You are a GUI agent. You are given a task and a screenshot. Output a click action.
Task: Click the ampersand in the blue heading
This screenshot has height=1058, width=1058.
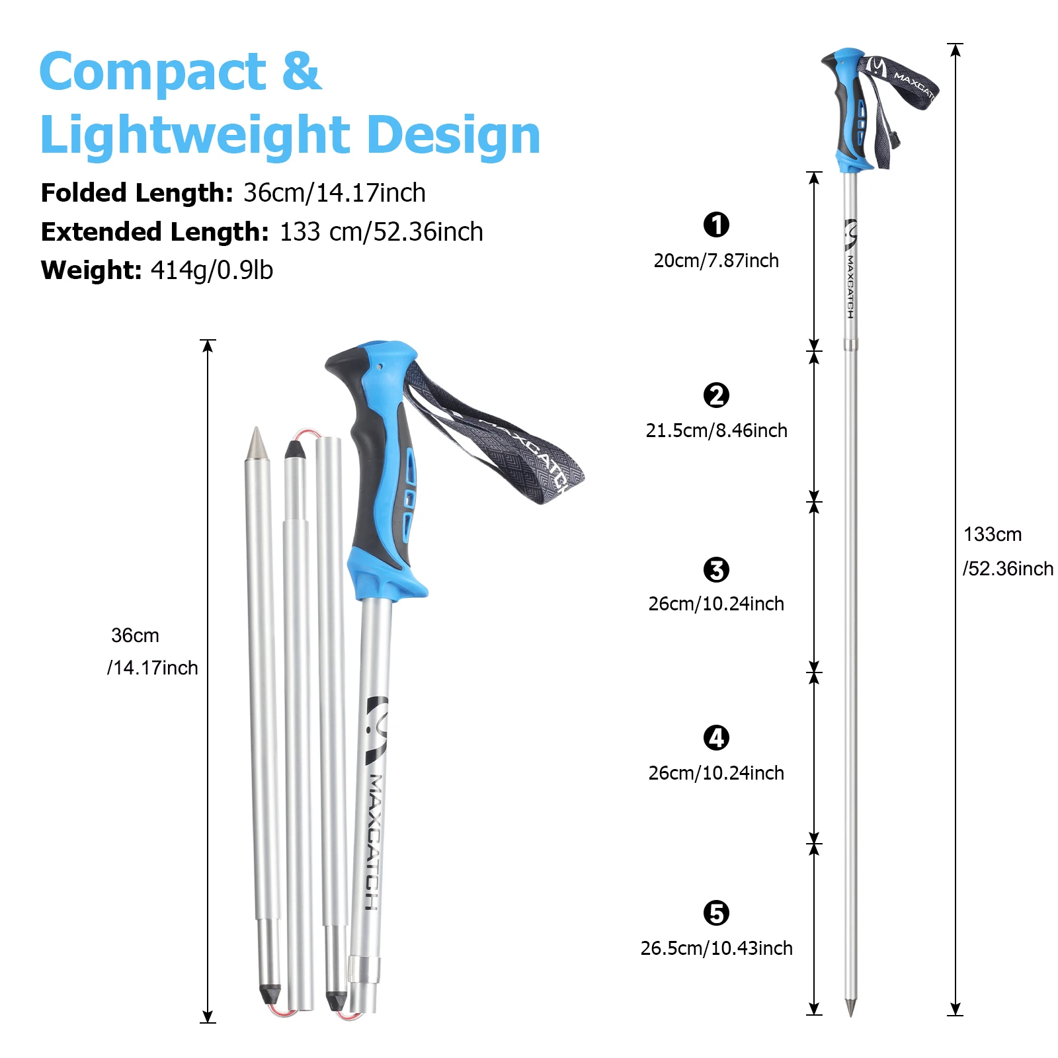coord(302,71)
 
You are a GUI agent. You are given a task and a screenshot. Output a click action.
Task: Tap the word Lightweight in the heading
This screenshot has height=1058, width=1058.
coord(195,135)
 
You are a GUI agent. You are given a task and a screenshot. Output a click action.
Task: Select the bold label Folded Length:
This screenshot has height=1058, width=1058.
coord(137,193)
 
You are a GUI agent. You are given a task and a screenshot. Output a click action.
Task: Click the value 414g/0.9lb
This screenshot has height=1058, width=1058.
coord(212,270)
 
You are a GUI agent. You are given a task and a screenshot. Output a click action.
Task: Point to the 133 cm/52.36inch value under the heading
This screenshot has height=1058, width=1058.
coord(381,232)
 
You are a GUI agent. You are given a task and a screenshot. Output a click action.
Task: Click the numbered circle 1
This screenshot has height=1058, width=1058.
coord(716,225)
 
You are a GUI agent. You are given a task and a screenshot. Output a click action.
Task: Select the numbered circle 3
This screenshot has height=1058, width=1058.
coord(716,569)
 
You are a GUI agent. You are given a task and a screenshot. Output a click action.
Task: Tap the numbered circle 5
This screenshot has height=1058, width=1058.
coord(716,913)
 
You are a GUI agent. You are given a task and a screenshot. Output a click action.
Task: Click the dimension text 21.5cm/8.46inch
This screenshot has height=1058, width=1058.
coord(717,430)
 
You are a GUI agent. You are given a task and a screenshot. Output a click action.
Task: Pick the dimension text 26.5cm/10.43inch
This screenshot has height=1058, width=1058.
coord(717,948)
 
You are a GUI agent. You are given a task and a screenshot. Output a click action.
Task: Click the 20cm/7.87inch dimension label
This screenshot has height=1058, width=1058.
coord(716,261)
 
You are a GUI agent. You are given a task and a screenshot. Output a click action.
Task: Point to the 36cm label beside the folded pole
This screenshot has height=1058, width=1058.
coord(136,635)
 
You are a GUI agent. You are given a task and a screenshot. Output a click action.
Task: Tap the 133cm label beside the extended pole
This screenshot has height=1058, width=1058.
coord(993,534)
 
